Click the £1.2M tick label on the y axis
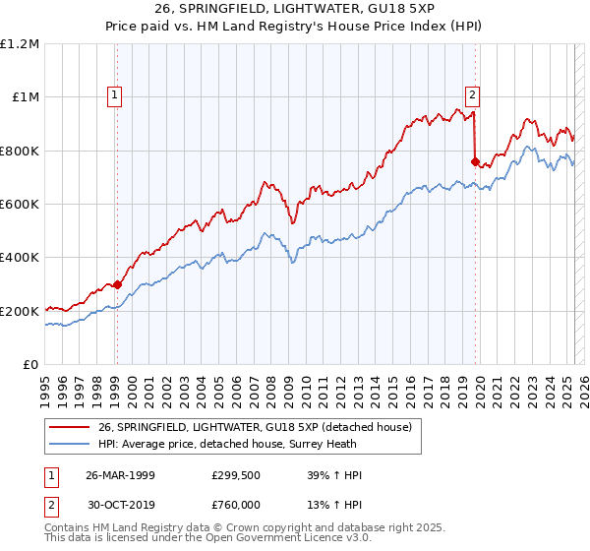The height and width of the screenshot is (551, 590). (x=20, y=43)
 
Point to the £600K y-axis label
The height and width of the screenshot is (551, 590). (x=20, y=204)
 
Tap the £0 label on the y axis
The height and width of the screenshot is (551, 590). (x=29, y=365)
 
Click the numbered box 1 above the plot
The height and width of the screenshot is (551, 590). (x=115, y=95)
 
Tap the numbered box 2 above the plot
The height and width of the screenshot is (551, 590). (x=473, y=95)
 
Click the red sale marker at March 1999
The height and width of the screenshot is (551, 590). (x=117, y=284)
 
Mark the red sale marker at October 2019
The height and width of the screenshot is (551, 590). (x=475, y=161)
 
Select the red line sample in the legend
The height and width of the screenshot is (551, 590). (x=69, y=426)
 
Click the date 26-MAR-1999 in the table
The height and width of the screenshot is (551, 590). (x=120, y=475)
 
